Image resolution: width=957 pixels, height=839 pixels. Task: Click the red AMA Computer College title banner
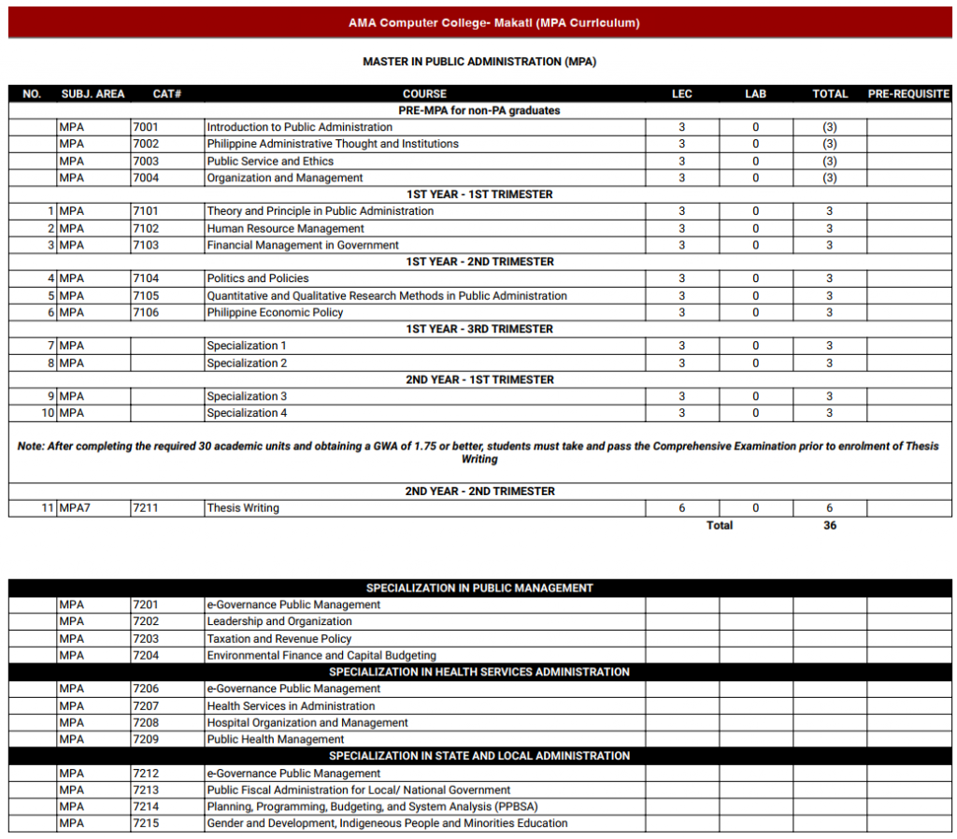479,22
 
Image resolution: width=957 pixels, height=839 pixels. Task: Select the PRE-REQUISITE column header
907,94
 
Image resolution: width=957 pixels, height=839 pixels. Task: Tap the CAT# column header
166,94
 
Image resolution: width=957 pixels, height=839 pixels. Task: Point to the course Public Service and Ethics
270,161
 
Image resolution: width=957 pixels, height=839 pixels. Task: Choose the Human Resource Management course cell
285,228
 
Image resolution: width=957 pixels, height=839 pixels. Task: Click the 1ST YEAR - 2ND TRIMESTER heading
479,262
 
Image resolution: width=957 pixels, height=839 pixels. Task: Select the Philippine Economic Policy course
275,312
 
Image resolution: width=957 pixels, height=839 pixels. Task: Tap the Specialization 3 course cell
247,396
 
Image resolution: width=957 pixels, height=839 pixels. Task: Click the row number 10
48,413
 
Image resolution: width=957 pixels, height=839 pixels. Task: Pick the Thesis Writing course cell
243,508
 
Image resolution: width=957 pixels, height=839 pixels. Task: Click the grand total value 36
830,525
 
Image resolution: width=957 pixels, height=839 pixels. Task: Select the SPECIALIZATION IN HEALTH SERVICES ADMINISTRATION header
479,672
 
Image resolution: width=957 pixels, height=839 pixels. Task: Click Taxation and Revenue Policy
279,639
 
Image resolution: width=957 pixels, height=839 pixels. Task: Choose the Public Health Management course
276,739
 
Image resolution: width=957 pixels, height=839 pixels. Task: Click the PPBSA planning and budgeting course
372,806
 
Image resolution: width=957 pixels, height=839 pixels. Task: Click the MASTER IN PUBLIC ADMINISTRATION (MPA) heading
479,62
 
